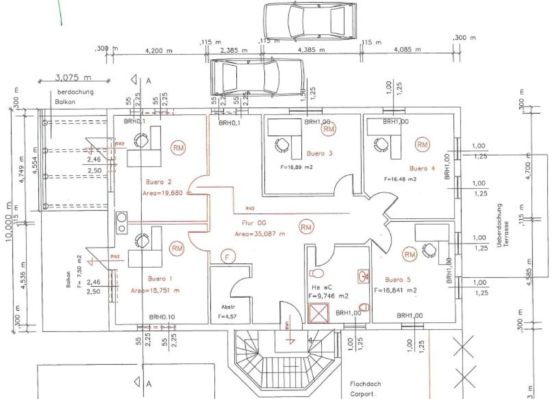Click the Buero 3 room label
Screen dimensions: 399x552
click(319, 153)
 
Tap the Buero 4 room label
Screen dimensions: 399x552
click(422, 168)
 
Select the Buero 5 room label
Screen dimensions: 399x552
click(398, 280)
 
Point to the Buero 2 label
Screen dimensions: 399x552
click(158, 182)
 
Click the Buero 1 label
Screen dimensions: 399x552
click(160, 279)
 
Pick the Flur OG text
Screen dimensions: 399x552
click(253, 223)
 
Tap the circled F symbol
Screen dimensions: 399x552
click(227, 257)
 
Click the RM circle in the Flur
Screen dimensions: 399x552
click(306, 227)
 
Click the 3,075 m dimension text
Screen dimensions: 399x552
click(73, 77)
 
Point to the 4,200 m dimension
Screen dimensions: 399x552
click(158, 51)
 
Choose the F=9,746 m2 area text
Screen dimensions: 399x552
click(328, 296)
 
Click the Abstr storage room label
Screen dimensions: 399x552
click(228, 307)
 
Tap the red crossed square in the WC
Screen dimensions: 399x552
click(319, 313)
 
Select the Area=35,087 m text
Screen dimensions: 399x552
click(260, 234)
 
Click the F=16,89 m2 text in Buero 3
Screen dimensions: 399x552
click(296, 167)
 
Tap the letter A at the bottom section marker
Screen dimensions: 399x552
click(149, 384)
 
